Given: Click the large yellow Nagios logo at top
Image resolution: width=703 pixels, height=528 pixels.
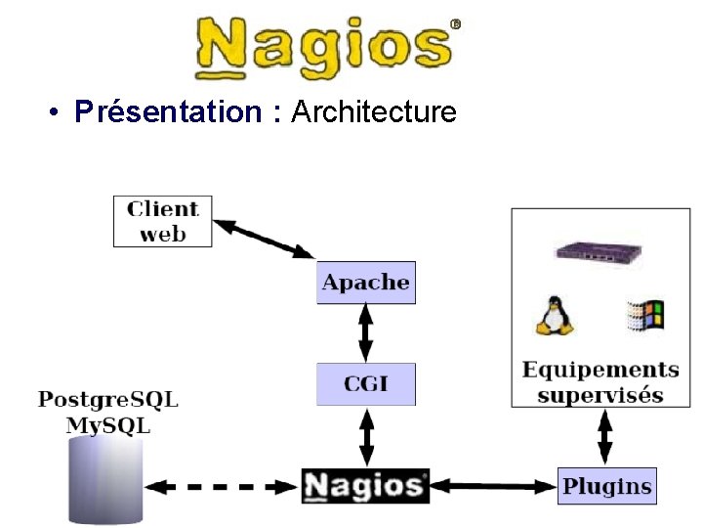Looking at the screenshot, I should point(325,47).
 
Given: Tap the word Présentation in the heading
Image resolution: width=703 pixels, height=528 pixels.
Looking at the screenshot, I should point(167,112).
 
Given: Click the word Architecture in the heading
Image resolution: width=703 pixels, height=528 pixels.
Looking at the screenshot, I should point(374,112).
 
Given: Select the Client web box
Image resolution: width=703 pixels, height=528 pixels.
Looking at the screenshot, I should point(162,221).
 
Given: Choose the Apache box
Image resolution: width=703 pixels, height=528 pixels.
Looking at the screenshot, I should point(366,283).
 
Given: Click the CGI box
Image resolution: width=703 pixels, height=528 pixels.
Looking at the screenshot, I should point(366,383).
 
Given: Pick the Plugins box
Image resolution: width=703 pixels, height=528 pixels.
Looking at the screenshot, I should point(606,486).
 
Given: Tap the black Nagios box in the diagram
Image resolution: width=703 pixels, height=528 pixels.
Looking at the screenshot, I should point(365,486).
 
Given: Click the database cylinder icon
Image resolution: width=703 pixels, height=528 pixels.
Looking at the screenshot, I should point(105,480).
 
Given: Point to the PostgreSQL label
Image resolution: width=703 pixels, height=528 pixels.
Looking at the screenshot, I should point(107,399).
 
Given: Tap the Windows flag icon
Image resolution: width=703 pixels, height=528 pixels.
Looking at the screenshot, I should point(644,315).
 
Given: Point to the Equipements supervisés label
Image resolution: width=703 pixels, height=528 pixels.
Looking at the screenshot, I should point(600,382).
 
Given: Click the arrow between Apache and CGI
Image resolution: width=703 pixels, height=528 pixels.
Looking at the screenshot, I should point(366,332).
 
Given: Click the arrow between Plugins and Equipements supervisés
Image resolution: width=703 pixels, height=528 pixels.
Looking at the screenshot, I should point(605,436).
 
